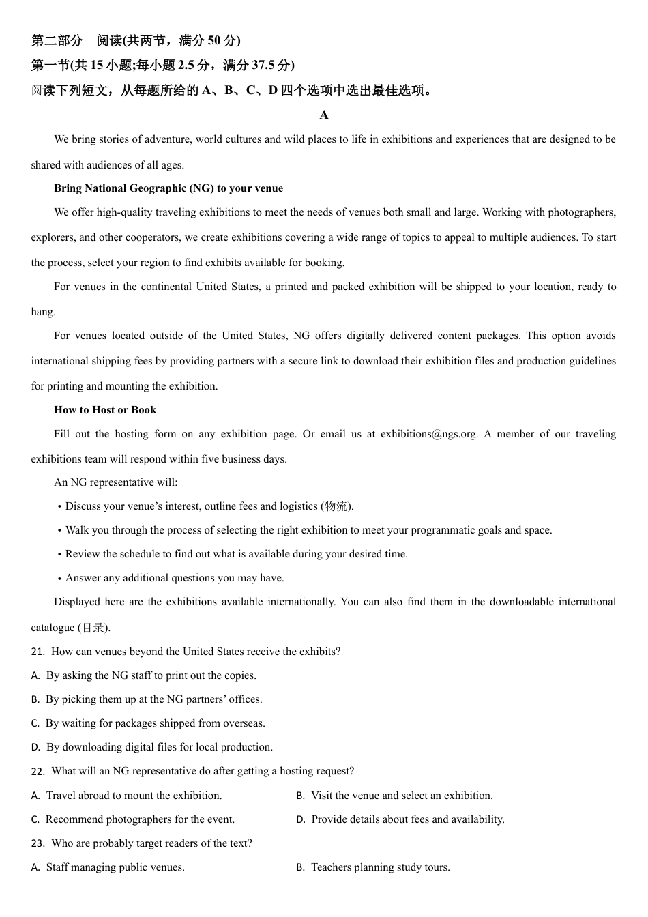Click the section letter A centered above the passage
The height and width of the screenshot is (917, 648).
coord(324,115)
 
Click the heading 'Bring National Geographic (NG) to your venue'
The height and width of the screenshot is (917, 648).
coord(168,188)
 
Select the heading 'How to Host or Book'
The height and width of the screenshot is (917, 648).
coord(105,410)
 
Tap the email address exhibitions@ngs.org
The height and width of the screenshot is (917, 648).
coord(429,434)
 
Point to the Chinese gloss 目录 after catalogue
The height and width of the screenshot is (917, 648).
coord(93,628)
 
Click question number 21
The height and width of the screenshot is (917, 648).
coord(38,652)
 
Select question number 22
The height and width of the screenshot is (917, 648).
coord(38,772)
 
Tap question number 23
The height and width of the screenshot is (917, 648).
coord(38,844)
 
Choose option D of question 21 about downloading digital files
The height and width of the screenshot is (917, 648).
coord(159,747)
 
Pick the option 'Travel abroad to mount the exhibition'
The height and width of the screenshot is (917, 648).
coord(134,796)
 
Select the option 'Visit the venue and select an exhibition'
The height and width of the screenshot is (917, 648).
coord(402,796)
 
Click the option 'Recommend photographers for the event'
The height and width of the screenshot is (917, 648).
coord(140,819)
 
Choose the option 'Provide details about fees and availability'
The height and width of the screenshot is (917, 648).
coord(408,819)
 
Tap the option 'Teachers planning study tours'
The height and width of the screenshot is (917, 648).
coord(380,868)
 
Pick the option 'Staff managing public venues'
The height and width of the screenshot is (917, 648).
coord(115,868)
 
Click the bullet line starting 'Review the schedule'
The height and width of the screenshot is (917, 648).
coord(236,554)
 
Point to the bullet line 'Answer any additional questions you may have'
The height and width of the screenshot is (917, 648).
coord(175,578)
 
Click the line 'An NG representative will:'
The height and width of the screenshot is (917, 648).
coord(116,482)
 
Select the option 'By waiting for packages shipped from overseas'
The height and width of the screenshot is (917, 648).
coord(155,723)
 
